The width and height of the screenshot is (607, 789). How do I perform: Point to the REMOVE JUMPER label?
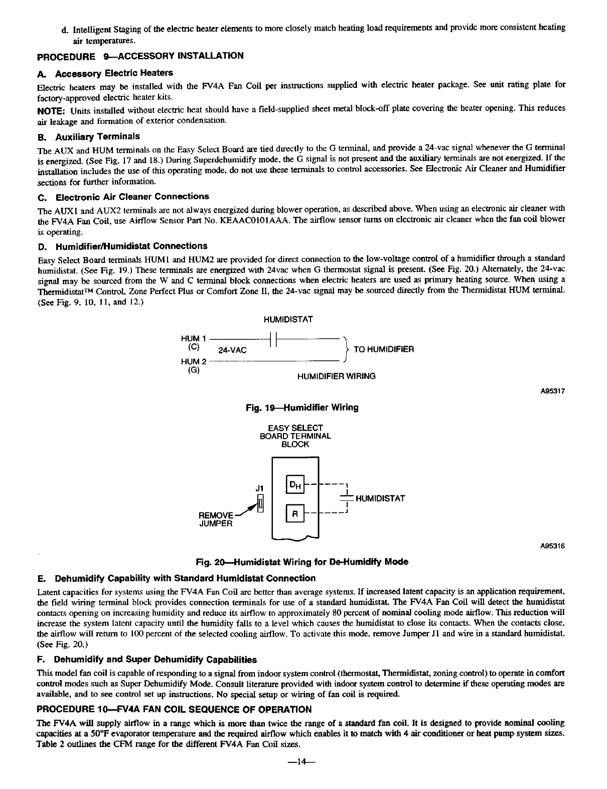pyautogui.click(x=216, y=519)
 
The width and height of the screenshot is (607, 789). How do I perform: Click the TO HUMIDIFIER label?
pyautogui.click(x=384, y=349)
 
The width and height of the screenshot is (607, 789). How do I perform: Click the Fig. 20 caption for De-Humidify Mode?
pyautogui.click(x=302, y=562)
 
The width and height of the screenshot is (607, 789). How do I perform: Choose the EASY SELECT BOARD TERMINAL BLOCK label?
pyautogui.click(x=295, y=436)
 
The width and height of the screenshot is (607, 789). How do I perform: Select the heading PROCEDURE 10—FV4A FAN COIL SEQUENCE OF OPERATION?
pyautogui.click(x=175, y=709)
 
